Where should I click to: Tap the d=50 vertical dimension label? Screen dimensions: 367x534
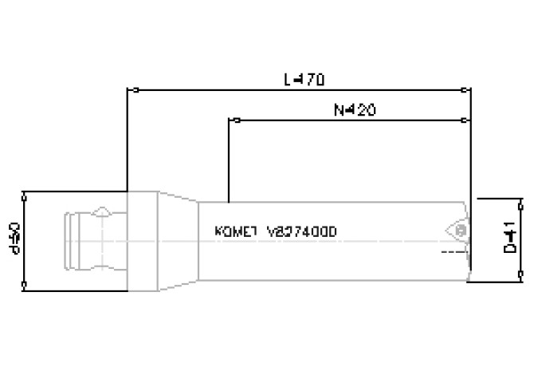click(x=12, y=239)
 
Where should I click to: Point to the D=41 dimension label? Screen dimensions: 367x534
click(x=519, y=238)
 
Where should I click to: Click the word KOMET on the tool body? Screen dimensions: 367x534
click(x=235, y=231)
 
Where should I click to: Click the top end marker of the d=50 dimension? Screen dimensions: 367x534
click(x=26, y=193)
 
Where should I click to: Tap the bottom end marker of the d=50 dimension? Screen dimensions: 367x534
click(x=26, y=285)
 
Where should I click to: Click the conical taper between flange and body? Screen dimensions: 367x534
click(x=177, y=239)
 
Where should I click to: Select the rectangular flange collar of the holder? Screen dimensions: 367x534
click(x=142, y=239)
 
